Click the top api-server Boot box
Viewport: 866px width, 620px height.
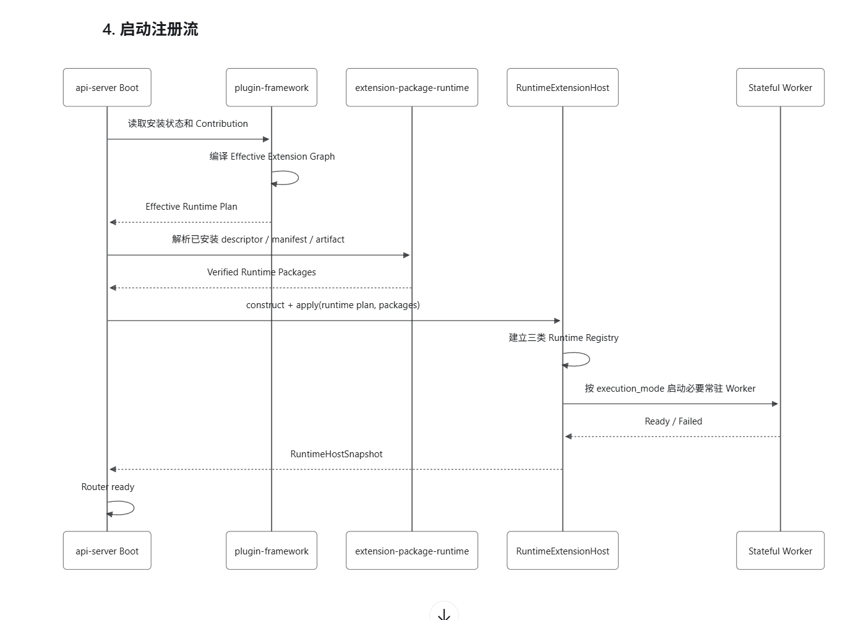click(x=107, y=87)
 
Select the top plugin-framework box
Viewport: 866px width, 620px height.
click(x=272, y=87)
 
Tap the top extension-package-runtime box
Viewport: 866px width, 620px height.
click(x=412, y=87)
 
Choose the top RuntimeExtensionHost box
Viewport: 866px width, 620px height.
click(x=562, y=87)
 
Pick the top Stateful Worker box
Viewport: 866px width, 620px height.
click(x=780, y=87)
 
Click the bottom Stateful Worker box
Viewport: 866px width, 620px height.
click(x=780, y=550)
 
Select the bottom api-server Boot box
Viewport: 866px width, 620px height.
click(x=107, y=550)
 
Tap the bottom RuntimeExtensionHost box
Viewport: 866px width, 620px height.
click(x=562, y=550)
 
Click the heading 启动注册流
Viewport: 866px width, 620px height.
click(x=159, y=30)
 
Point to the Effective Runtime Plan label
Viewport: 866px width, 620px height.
click(x=191, y=207)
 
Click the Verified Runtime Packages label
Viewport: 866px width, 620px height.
click(x=261, y=272)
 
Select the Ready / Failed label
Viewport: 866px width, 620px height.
click(x=674, y=421)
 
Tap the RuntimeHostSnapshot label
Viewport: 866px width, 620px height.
click(x=337, y=454)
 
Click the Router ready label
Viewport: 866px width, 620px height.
click(x=108, y=487)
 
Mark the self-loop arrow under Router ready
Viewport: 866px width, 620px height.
click(x=134, y=508)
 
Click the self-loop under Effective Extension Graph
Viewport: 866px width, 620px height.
click(x=298, y=178)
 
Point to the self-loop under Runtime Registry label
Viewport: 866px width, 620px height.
click(x=589, y=360)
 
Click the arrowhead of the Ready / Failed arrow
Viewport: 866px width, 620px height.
click(x=568, y=436)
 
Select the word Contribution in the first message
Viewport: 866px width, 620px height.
click(x=221, y=124)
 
